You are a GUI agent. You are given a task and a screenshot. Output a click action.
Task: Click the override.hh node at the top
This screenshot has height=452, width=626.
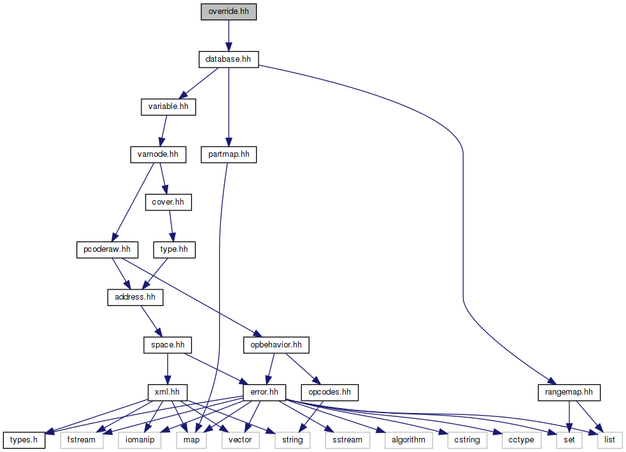point(228,12)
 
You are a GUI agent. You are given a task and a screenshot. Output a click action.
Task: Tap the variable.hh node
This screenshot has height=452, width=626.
point(168,106)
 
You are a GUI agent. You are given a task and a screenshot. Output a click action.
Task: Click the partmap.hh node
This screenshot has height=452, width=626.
point(228,154)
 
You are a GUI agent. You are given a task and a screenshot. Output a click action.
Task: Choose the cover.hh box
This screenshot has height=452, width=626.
point(168,202)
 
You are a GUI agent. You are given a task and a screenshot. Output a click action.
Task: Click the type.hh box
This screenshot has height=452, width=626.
point(174,249)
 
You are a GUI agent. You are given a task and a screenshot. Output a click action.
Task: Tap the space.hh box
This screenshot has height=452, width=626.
point(167,345)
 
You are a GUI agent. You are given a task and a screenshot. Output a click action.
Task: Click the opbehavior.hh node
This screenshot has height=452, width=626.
point(276,345)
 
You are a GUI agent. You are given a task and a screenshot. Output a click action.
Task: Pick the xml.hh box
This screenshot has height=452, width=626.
point(167,391)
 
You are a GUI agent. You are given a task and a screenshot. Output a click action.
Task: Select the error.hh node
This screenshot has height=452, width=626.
point(264,391)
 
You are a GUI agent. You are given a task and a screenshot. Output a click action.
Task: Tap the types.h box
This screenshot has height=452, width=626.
point(24,439)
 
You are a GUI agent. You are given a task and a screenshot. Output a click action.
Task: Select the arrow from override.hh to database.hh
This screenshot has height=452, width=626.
point(228,36)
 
